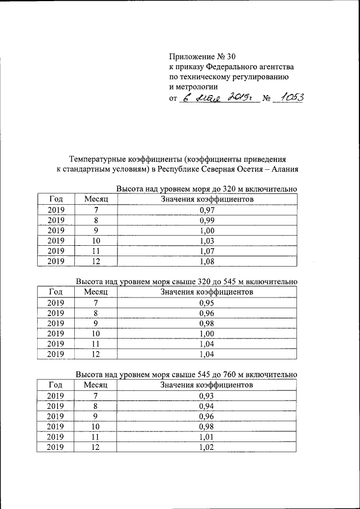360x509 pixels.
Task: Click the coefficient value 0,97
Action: (x=208, y=210)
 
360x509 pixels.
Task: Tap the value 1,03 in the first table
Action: (x=208, y=240)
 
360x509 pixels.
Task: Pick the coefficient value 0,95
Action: (x=208, y=303)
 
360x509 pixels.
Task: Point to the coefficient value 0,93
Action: (x=208, y=396)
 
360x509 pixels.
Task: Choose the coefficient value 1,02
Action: (x=208, y=447)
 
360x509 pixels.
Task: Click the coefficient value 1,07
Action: (x=208, y=250)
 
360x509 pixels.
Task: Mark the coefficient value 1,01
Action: (x=208, y=437)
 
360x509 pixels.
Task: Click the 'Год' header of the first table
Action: (x=56, y=199)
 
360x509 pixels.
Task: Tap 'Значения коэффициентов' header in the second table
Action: (x=207, y=292)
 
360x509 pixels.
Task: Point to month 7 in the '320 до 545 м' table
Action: (x=96, y=303)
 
